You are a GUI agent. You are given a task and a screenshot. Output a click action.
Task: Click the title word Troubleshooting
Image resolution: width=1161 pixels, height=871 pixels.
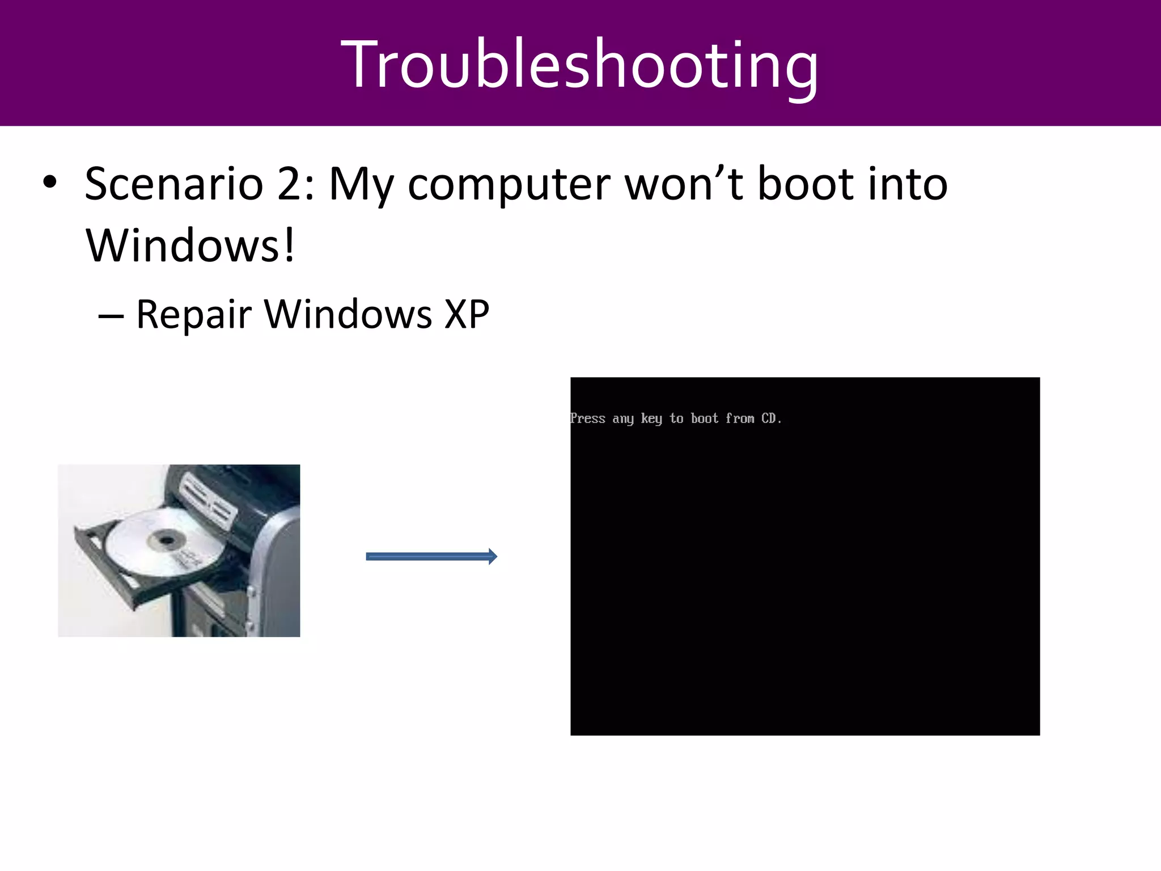click(x=579, y=64)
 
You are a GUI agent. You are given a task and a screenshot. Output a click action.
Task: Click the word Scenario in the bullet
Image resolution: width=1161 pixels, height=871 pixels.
click(x=174, y=184)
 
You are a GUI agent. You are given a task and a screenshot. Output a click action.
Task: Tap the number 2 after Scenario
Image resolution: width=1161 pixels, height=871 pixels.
click(x=290, y=184)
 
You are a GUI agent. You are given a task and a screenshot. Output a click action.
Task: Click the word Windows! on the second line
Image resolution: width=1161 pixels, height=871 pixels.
click(x=190, y=246)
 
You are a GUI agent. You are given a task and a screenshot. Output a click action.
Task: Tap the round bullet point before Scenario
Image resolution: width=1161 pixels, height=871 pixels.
click(x=50, y=183)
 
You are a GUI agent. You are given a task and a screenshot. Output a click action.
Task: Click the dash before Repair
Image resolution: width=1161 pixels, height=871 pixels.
click(x=111, y=316)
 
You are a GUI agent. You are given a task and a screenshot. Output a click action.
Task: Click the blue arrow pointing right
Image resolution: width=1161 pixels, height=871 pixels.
click(x=431, y=556)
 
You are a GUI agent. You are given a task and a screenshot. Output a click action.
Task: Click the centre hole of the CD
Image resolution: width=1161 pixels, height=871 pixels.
click(x=166, y=539)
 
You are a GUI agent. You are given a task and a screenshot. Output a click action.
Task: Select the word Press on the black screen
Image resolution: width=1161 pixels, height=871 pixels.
click(x=588, y=418)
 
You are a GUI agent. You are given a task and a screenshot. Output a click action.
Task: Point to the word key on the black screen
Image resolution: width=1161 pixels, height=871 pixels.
click(x=651, y=419)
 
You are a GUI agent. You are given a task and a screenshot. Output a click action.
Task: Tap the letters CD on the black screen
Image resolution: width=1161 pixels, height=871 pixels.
click(x=768, y=418)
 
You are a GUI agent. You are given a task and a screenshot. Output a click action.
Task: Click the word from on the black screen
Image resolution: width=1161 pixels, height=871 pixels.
click(x=740, y=418)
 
